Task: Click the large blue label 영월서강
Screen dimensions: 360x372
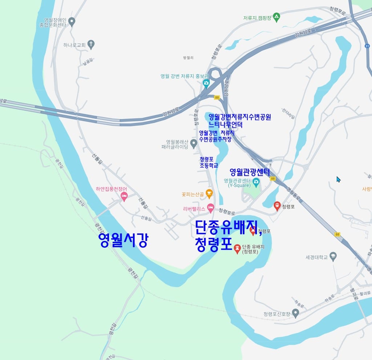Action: pyautogui.click(x=123, y=240)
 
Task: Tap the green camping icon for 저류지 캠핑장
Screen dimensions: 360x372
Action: pyautogui.click(x=277, y=17)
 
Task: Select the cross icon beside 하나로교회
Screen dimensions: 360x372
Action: pyautogui.click(x=91, y=45)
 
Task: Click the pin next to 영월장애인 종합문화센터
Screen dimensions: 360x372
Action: pyautogui.click(x=72, y=22)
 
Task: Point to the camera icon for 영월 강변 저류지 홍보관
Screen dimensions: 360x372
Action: pyautogui.click(x=206, y=83)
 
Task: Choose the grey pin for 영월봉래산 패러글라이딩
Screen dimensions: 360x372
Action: pyautogui.click(x=194, y=144)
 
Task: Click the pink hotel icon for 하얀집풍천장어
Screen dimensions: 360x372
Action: pyautogui.click(x=124, y=196)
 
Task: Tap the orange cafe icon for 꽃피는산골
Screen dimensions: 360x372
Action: pyautogui.click(x=209, y=193)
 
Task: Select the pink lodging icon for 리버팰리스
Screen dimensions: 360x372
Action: pyautogui.click(x=210, y=208)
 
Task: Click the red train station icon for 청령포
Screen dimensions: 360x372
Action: pyautogui.click(x=277, y=206)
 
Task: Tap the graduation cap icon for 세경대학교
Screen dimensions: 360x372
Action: pyautogui.click(x=333, y=257)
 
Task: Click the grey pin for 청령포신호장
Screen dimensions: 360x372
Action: pyautogui.click(x=296, y=313)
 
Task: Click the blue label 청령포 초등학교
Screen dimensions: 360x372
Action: pyautogui.click(x=209, y=162)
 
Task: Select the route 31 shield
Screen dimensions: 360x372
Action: pyautogui.click(x=367, y=46)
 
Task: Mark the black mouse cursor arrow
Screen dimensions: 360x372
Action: pyautogui.click(x=338, y=179)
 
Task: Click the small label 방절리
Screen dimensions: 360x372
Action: pyautogui.click(x=189, y=58)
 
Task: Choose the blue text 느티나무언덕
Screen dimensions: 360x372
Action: pyautogui.click(x=225, y=124)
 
